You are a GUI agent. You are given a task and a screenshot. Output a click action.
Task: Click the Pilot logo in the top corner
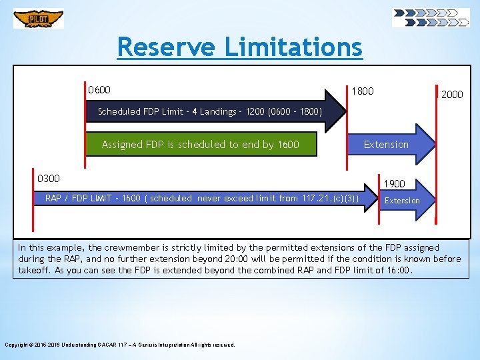[x=39, y=18]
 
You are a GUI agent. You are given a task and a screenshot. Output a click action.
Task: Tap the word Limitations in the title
[x=293, y=47]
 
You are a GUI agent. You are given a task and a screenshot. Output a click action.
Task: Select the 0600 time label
[x=99, y=90]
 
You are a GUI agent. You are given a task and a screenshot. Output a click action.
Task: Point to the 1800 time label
[x=363, y=91]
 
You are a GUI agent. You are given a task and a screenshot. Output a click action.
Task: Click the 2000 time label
[x=451, y=95]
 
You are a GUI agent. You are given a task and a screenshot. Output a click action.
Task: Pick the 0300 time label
[x=49, y=178]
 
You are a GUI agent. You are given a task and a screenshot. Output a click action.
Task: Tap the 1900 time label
[x=394, y=183]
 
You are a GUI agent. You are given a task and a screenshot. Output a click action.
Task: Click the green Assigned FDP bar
[x=201, y=145]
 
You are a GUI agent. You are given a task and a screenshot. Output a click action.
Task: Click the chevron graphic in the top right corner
[x=430, y=17]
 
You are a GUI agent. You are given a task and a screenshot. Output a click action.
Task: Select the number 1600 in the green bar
[x=288, y=145]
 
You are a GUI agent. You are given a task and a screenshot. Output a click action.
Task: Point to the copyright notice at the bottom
[x=120, y=345]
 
